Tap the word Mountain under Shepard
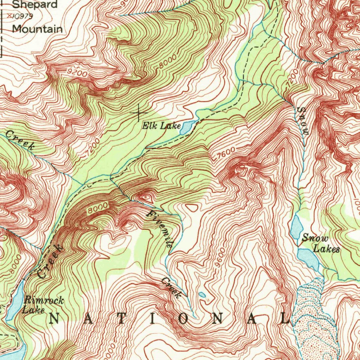click(37, 29)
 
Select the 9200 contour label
click(77, 73)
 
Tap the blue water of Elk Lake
click(187, 127)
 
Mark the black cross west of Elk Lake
click(138, 112)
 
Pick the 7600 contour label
click(226, 153)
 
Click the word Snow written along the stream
click(303, 121)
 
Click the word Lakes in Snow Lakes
click(327, 249)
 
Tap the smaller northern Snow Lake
click(296, 227)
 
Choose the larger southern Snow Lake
click(308, 258)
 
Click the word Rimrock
click(44, 301)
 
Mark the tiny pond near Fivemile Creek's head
click(202, 295)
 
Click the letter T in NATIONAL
click(121, 319)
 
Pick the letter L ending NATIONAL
click(284, 319)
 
